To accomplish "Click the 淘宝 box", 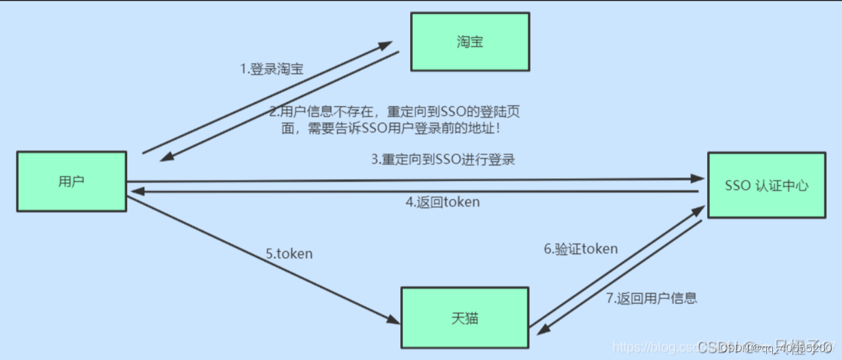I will (x=469, y=42).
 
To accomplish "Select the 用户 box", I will (x=71, y=182).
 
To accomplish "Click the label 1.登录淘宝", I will (x=271, y=69).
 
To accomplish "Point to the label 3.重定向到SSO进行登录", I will (x=442, y=160).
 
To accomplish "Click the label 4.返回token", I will (x=442, y=202).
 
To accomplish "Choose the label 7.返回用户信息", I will (x=651, y=297).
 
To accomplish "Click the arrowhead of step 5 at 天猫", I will (x=393, y=320).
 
